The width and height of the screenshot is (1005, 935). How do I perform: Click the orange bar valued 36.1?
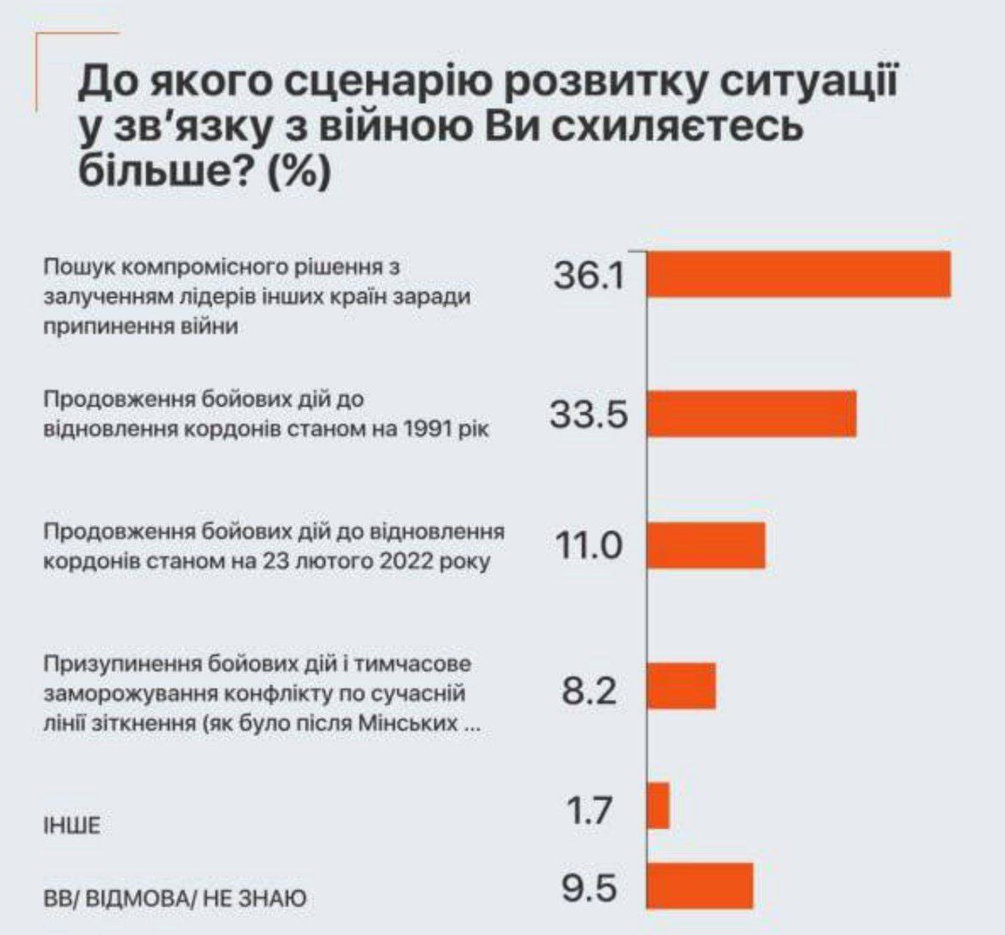click(x=798, y=275)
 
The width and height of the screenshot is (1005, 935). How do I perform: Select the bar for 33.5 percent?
click(x=751, y=414)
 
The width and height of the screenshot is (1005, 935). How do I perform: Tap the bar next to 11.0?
click(x=706, y=545)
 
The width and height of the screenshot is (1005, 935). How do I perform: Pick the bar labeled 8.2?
click(x=681, y=686)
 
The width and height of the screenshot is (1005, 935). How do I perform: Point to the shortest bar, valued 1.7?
click(x=658, y=805)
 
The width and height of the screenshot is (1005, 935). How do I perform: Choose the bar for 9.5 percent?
click(x=700, y=886)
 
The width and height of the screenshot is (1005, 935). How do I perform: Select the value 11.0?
click(x=589, y=546)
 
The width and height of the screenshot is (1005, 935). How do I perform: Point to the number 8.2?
click(x=589, y=692)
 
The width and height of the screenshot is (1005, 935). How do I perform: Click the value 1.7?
click(x=589, y=810)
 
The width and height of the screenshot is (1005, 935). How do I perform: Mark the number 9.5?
click(x=589, y=889)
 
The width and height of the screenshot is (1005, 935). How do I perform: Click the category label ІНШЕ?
click(x=71, y=825)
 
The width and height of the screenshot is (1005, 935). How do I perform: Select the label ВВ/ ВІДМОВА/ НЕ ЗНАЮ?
click(x=175, y=898)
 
